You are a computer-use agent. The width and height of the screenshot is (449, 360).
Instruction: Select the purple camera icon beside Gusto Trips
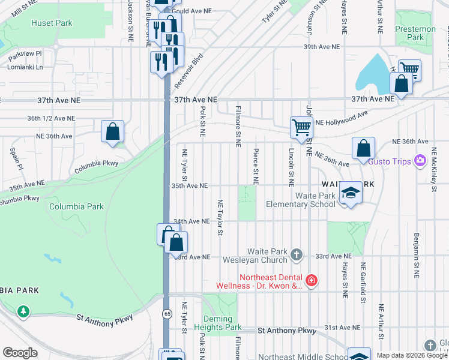tap(420, 160)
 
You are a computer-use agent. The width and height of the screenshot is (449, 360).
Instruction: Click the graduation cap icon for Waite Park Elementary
tap(349, 193)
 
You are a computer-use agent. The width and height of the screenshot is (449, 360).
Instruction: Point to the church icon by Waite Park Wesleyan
tap(296, 256)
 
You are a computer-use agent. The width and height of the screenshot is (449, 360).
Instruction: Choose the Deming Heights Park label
tap(217, 323)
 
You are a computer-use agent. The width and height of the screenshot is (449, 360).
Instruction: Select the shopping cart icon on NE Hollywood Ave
tap(301, 127)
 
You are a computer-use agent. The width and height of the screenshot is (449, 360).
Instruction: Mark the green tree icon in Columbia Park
tap(23, 311)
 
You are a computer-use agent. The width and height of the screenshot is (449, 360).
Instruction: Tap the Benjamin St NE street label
tap(415, 256)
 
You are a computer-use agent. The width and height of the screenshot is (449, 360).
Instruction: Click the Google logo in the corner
tap(20, 353)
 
